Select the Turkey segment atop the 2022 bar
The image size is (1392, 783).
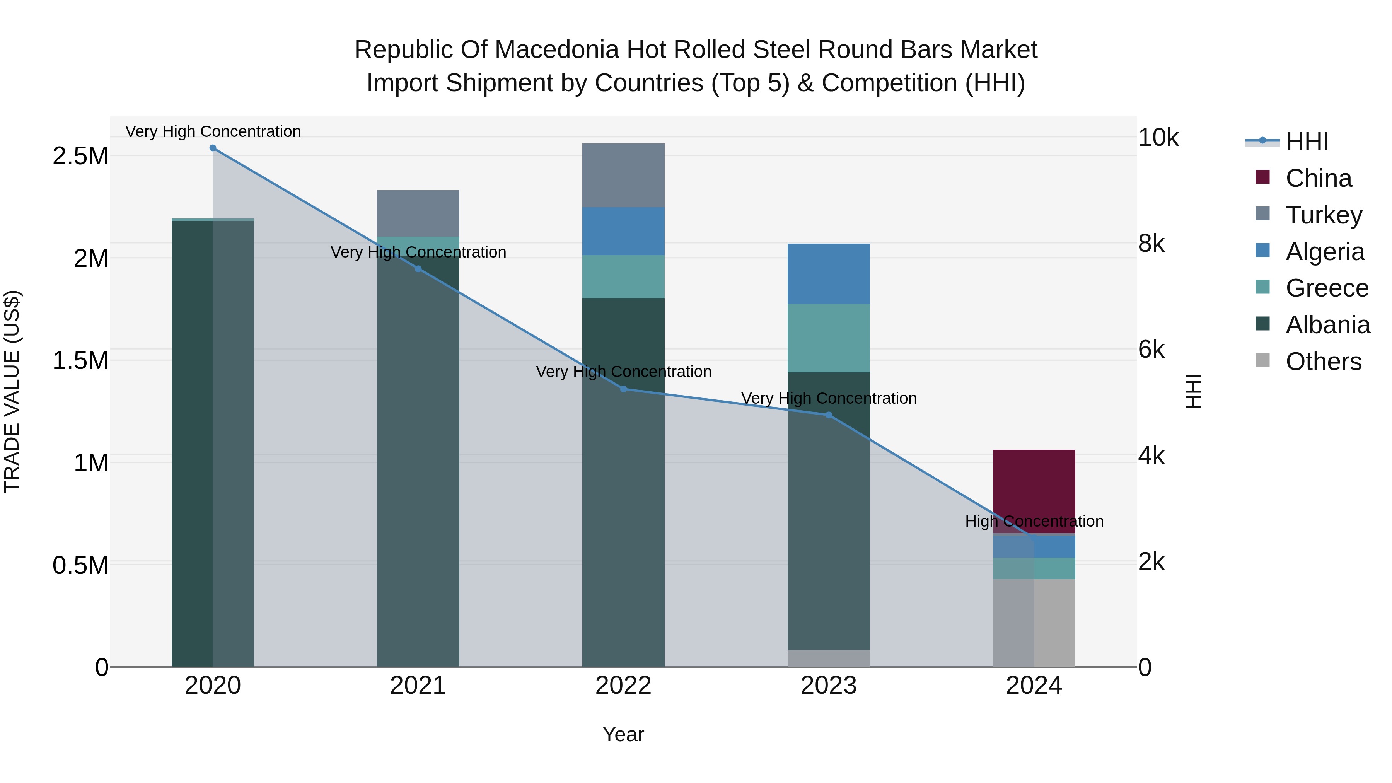click(x=623, y=175)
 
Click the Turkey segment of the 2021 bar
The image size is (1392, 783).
click(x=418, y=213)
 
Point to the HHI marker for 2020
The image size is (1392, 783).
click(x=213, y=148)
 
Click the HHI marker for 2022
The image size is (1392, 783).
click(x=623, y=389)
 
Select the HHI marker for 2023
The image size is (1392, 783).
click(x=828, y=415)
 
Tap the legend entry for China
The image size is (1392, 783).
click(x=1319, y=178)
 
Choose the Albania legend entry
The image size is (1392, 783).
click(x=1328, y=325)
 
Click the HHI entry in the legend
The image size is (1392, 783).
click(x=1307, y=142)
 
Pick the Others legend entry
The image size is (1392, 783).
click(x=1324, y=362)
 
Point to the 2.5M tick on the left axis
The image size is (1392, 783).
click(x=80, y=156)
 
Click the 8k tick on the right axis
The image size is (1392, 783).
click(x=1151, y=244)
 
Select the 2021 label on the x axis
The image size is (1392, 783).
click(x=418, y=686)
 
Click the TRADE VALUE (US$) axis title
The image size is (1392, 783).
click(x=12, y=391)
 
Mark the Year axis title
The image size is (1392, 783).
click(x=623, y=734)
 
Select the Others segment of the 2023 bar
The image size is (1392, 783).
click(x=828, y=658)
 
